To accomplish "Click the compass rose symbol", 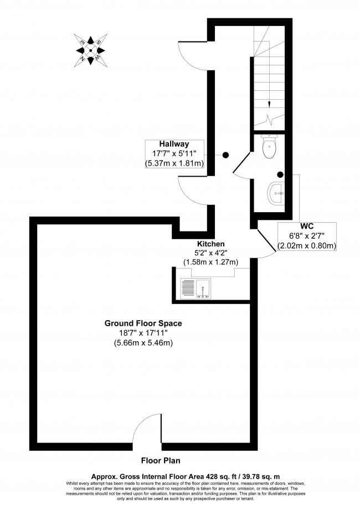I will pos(91,49).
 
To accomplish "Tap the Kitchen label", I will pos(210,244).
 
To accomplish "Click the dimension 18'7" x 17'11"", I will pos(143,332).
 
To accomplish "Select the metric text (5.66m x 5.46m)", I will pos(143,342).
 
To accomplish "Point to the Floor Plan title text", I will pos(160,460).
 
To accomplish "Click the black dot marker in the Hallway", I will pos(225,155).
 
